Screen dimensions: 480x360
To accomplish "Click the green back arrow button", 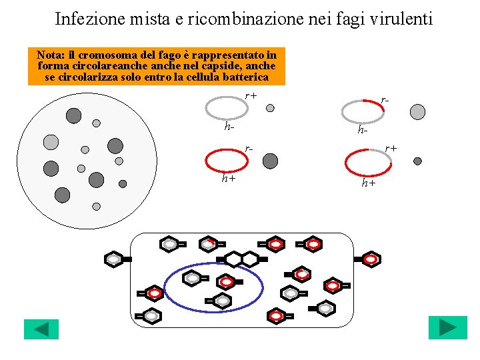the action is coord(41,329).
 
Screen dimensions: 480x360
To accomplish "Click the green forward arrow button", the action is coord(447,328).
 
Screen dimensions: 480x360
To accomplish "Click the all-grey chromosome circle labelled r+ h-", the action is coord(225,107).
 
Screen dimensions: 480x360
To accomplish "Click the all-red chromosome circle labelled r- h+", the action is coord(225,161).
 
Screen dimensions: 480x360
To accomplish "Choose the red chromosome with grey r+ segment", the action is coord(367,162).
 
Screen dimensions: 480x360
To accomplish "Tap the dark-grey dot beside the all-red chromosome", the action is coord(270,161).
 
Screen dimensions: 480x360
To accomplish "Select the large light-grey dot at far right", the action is coord(417,111).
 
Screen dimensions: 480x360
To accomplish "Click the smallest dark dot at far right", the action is coord(417,161).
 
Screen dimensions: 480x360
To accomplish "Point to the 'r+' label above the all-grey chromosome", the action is coord(251,95).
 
